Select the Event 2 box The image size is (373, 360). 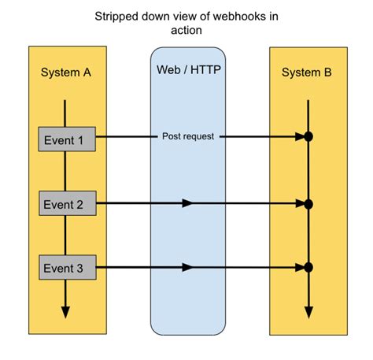coord(66,204)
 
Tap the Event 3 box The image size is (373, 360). coord(66,269)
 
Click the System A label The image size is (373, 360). coord(65,72)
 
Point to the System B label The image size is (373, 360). coord(307,72)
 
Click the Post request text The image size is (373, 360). coord(186,136)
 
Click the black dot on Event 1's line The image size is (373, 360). coord(308,137)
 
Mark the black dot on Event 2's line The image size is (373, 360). coord(308,204)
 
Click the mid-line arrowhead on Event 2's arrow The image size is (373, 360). coord(186,203)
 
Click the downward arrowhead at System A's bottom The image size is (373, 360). coord(65,311)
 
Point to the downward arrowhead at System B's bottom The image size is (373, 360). coord(308,311)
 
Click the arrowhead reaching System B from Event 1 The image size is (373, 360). coord(299,137)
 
